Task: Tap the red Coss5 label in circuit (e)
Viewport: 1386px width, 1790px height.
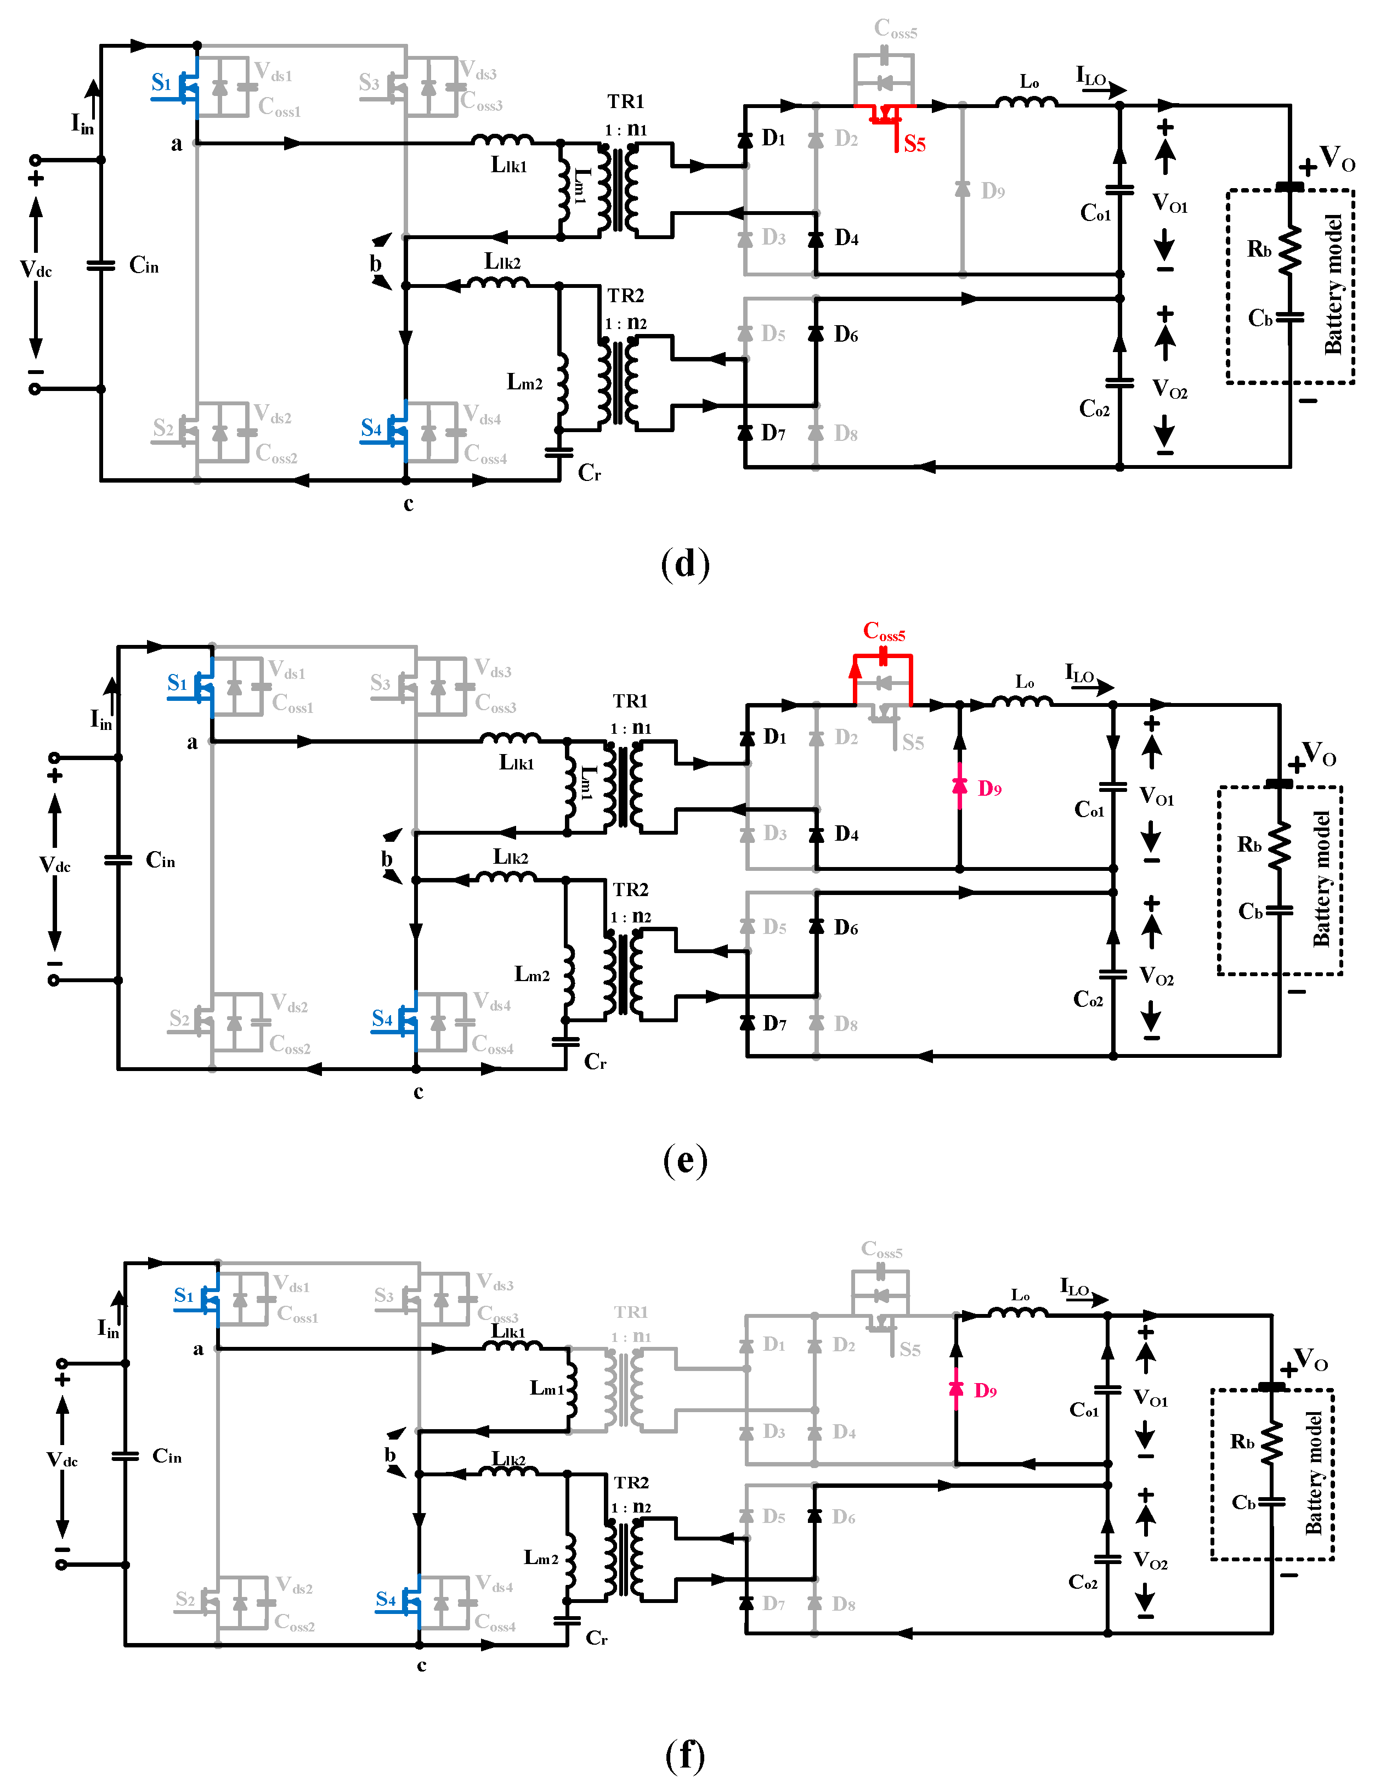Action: click(884, 631)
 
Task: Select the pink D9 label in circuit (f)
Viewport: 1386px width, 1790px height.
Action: click(985, 1391)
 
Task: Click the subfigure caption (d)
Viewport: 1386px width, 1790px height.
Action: click(684, 564)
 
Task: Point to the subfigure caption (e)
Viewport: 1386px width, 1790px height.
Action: click(684, 1160)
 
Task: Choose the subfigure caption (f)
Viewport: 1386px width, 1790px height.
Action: click(684, 1755)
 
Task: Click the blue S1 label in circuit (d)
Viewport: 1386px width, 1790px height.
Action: click(161, 83)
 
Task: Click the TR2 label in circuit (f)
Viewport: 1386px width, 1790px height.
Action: click(631, 1483)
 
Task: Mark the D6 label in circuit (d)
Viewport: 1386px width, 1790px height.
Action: click(846, 335)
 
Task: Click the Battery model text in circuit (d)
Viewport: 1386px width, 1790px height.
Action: click(1333, 285)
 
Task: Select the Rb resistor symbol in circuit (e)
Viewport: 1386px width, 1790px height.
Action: click(1278, 846)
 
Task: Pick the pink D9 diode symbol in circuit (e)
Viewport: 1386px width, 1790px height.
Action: click(960, 786)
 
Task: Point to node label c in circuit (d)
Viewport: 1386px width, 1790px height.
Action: click(408, 504)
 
